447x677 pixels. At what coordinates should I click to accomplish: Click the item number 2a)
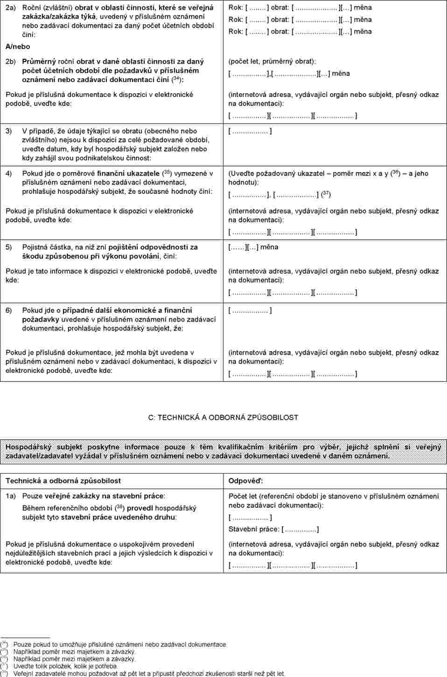10,8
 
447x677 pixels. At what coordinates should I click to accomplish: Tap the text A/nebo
18,47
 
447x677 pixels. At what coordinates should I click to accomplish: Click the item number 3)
8,131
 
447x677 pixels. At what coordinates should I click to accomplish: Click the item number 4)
8,173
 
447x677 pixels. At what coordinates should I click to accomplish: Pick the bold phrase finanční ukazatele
128,173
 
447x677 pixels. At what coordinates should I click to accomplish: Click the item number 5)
8,247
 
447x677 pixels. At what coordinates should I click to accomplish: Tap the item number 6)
8,311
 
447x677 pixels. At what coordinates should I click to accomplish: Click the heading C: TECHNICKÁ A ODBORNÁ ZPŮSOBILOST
223,418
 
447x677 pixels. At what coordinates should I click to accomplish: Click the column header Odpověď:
245,481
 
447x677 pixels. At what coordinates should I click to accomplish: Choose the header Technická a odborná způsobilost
63,481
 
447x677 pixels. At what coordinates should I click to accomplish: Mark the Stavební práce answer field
300,529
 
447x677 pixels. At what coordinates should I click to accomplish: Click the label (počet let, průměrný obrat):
272,62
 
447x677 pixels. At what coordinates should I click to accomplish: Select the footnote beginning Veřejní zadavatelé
149,674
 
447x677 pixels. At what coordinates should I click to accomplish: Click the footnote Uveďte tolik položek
65,666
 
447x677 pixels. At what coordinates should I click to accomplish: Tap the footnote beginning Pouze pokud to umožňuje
120,645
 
